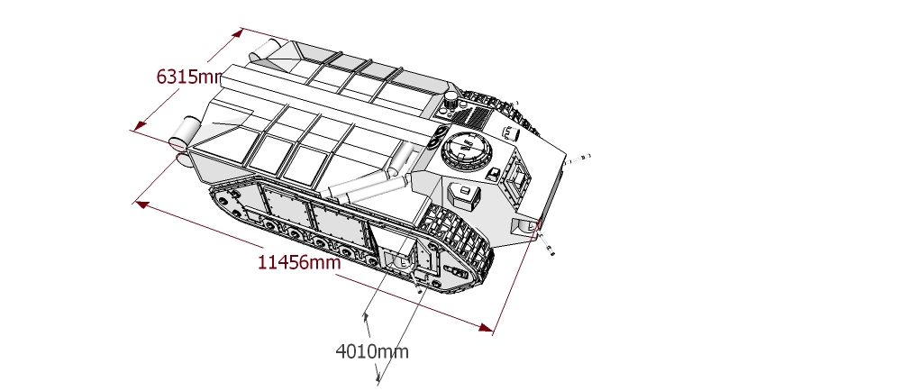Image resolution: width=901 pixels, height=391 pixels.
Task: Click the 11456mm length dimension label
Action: pos(299,262)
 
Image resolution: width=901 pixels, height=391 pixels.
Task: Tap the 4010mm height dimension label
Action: pos(372,351)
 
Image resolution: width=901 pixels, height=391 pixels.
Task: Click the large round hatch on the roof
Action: pos(467,150)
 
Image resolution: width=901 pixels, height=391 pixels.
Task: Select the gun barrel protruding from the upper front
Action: pos(577,159)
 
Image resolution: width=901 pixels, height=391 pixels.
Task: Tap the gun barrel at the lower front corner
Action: pos(545,243)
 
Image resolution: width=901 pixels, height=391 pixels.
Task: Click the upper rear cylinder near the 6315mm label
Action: pos(264,50)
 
